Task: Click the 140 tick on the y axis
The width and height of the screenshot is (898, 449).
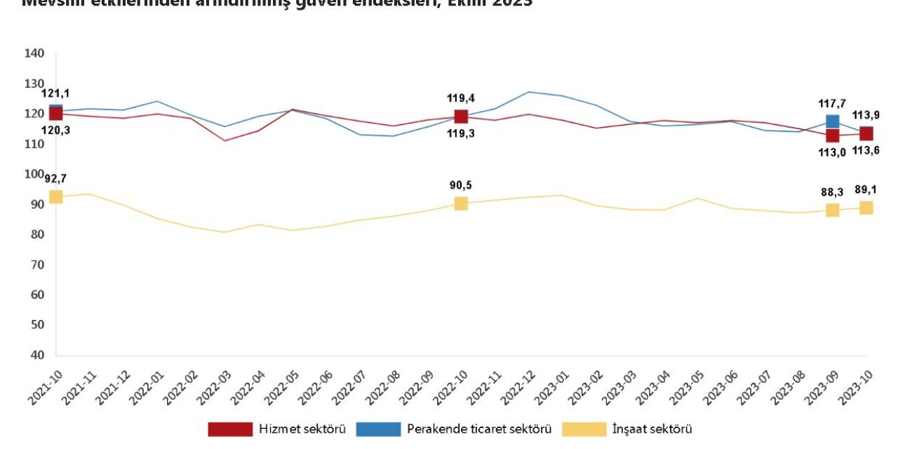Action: point(34,53)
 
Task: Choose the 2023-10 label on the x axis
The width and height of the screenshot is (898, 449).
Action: point(853,387)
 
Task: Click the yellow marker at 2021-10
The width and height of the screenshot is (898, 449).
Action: point(56,196)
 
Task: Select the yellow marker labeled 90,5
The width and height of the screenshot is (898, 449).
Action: point(461,203)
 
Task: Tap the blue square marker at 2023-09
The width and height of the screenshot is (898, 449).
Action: point(832,122)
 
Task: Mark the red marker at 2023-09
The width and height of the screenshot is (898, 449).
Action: point(832,135)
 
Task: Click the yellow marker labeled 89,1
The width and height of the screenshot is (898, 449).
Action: point(866,208)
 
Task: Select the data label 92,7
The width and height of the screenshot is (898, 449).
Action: point(56,178)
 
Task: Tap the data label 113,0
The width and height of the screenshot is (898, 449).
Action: point(833,153)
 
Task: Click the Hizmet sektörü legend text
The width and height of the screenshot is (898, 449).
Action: point(302,429)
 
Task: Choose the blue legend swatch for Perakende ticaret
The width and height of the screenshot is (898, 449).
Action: point(378,429)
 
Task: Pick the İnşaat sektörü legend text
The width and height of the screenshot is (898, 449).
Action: point(653,429)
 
